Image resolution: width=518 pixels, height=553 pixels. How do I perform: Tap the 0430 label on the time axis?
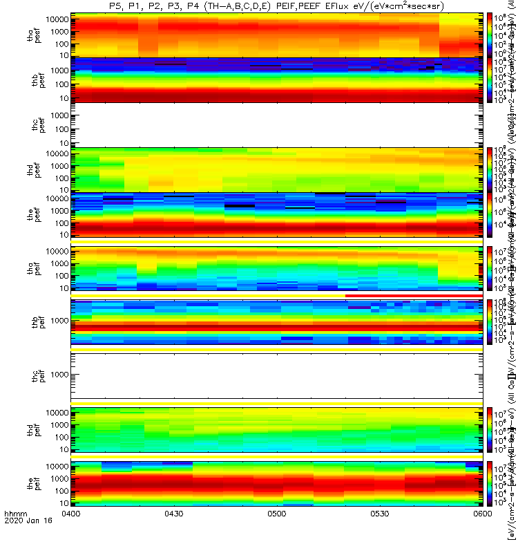tap(174, 534)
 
